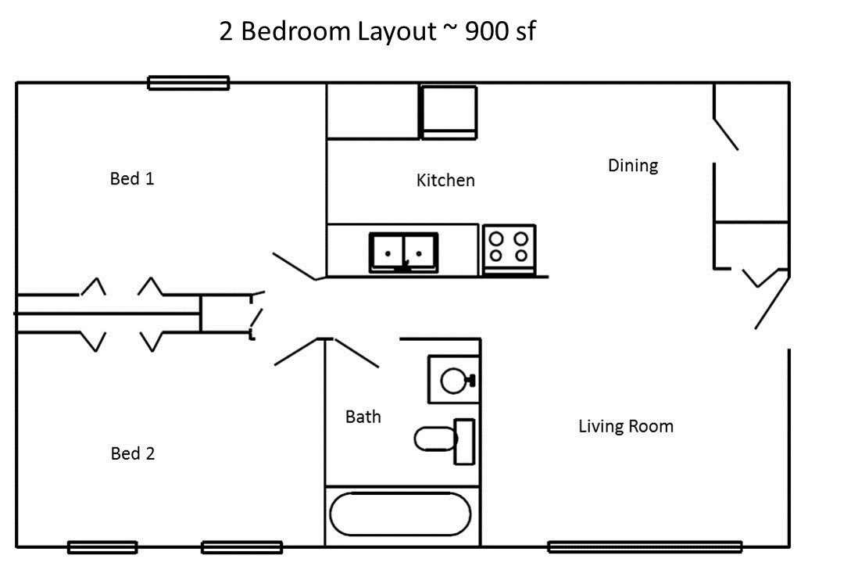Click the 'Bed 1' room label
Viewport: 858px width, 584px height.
pyautogui.click(x=132, y=178)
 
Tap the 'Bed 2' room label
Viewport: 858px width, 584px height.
pyautogui.click(x=132, y=453)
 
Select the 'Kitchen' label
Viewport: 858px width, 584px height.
pyautogui.click(x=445, y=180)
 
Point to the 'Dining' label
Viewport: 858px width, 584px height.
pyautogui.click(x=633, y=165)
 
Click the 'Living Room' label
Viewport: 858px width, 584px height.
pyautogui.click(x=626, y=426)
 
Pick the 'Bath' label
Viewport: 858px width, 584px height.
pyautogui.click(x=363, y=417)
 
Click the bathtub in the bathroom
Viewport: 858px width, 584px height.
pyautogui.click(x=400, y=514)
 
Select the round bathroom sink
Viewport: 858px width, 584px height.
pyautogui.click(x=454, y=380)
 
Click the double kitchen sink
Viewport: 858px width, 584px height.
pyautogui.click(x=403, y=253)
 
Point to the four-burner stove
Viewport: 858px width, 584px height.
pyautogui.click(x=509, y=249)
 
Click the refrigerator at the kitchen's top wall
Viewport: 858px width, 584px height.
pyautogui.click(x=449, y=112)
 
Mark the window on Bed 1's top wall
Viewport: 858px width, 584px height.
pyautogui.click(x=189, y=83)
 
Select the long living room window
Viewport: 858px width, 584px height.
pyautogui.click(x=645, y=546)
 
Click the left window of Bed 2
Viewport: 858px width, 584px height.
pyautogui.click(x=102, y=547)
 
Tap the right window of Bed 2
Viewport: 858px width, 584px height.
pyautogui.click(x=242, y=547)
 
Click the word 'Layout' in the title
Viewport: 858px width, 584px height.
pyautogui.click(x=397, y=32)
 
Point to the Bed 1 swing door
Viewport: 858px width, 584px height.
pyautogui.click(x=295, y=267)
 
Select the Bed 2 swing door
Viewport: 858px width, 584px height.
pyautogui.click(x=296, y=351)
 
